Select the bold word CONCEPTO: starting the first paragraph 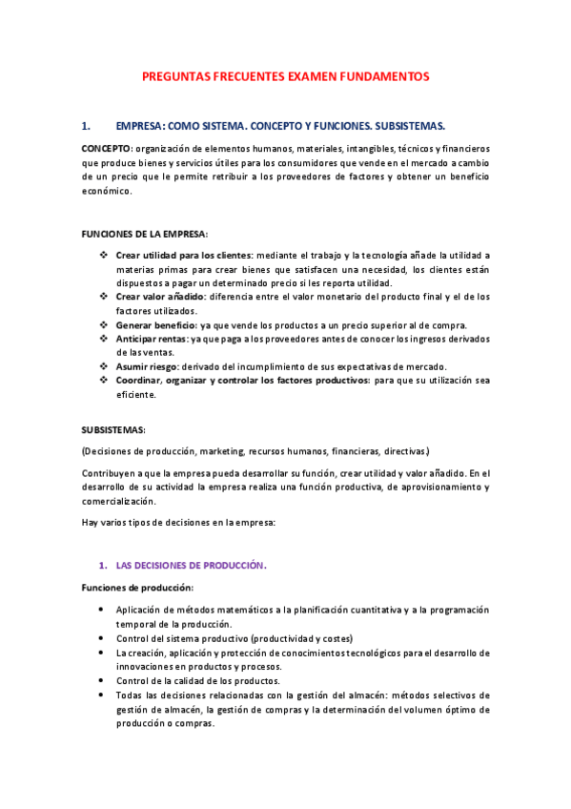pos(107,149)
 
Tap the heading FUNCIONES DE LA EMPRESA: pos(143,234)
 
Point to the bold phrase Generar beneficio pos(156,324)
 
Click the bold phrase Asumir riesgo pos(149,366)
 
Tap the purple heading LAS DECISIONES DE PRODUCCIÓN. pos(191,565)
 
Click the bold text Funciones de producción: pos(137,587)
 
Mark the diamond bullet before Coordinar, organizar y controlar pos(104,381)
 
